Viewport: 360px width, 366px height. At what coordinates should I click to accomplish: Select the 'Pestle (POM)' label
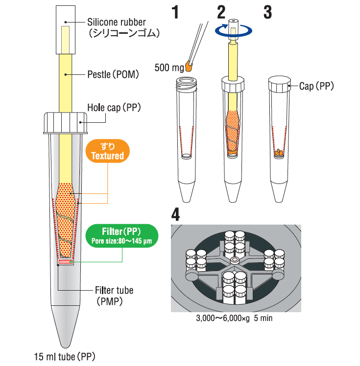113,75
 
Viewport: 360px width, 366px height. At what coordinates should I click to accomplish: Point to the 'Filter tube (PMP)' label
114,296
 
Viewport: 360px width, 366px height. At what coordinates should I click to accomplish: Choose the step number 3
267,12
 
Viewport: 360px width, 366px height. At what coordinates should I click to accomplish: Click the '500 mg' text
168,68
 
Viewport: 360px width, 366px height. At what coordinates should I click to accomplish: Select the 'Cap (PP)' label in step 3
316,86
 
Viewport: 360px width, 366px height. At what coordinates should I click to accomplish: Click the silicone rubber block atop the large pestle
65,30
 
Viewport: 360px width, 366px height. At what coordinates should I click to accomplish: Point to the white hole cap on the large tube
65,123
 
